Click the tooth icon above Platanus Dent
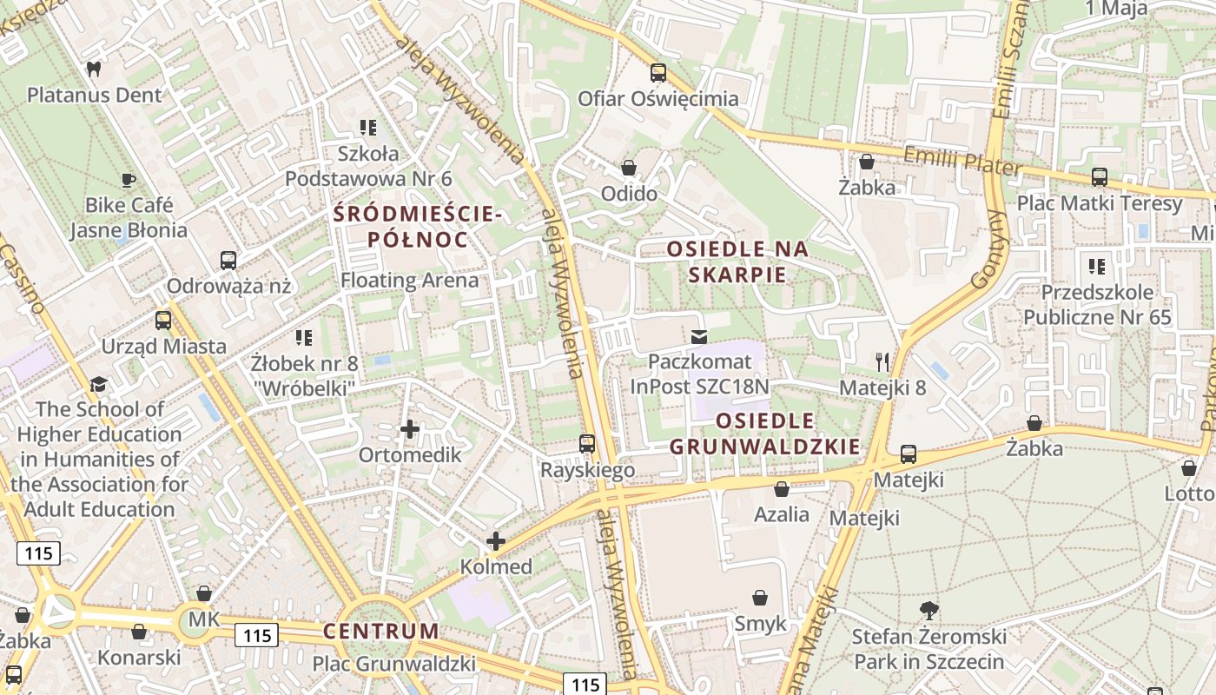tap(95, 69)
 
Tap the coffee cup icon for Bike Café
tap(129, 180)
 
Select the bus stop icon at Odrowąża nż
tap(228, 260)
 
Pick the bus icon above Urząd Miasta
tap(163, 321)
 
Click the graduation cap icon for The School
tap(99, 384)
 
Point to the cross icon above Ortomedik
tap(410, 429)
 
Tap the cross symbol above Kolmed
tap(496, 541)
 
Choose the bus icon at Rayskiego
tap(587, 444)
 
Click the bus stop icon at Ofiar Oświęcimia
tap(658, 73)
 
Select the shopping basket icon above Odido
tap(629, 168)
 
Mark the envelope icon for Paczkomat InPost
tap(699, 336)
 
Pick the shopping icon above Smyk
tap(760, 598)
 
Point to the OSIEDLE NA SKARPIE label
tap(737, 261)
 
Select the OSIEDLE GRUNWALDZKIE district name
tap(764, 434)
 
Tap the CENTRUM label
tap(381, 631)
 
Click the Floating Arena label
tap(409, 281)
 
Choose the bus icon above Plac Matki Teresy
tap(1100, 177)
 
